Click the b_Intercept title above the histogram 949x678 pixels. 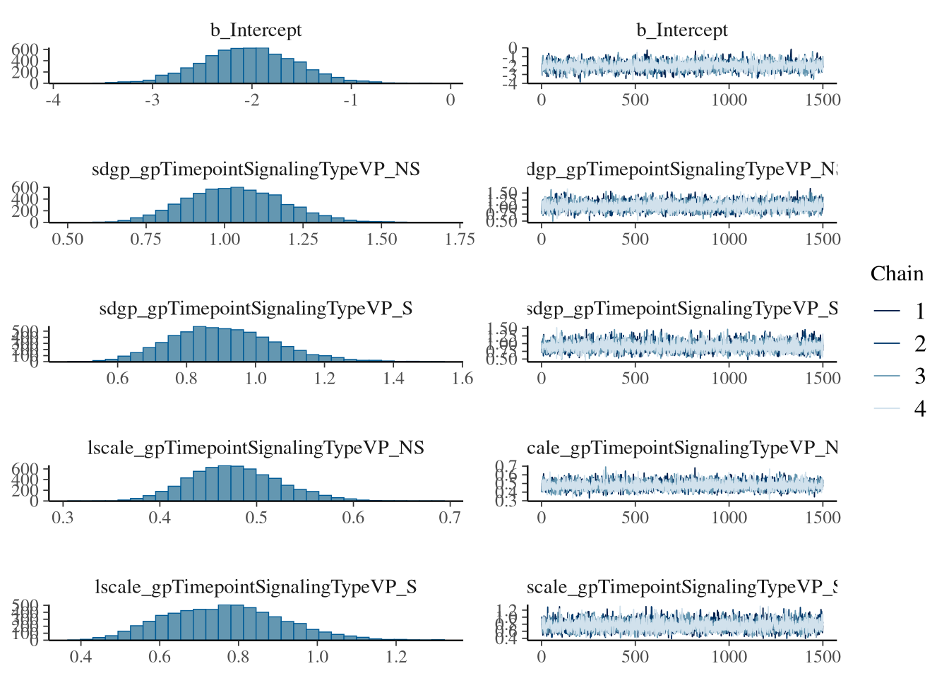click(x=256, y=30)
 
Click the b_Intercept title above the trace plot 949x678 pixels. click(x=681, y=30)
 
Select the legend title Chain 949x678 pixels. click(x=897, y=274)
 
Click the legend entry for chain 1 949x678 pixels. click(x=919, y=311)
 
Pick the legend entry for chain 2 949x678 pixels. click(x=919, y=344)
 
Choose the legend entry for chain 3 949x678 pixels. click(x=919, y=376)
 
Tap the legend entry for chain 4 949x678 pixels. click(x=919, y=409)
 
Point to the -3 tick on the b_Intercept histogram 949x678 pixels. click(x=152, y=100)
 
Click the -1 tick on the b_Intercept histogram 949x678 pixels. click(x=351, y=100)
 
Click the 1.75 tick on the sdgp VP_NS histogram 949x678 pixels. click(x=460, y=239)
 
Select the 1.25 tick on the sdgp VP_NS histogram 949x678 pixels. click(x=303, y=239)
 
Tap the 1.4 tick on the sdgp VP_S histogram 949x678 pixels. click(x=393, y=379)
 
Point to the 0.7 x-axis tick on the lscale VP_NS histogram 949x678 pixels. click(x=450, y=518)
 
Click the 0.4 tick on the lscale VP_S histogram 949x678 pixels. click(x=80, y=657)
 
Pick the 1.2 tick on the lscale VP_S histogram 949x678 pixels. click(x=396, y=657)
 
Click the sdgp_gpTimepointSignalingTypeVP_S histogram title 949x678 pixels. click(x=256, y=309)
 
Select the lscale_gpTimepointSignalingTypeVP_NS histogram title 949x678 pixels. click(x=256, y=448)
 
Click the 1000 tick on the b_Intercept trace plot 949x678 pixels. click(x=729, y=100)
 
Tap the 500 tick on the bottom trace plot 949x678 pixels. click(x=635, y=657)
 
